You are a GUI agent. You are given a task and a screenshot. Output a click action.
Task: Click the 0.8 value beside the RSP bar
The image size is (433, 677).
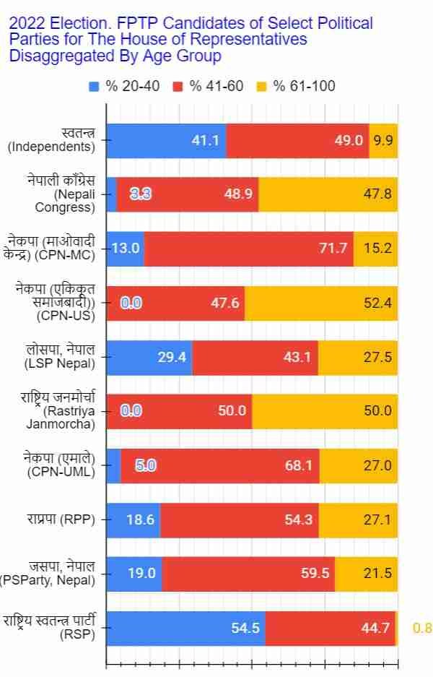(x=421, y=628)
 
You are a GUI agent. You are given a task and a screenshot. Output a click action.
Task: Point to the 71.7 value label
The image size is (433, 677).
(x=333, y=249)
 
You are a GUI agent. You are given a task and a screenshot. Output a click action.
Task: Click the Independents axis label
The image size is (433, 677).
(x=52, y=140)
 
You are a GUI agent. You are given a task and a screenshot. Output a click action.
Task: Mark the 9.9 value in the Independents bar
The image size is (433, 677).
(x=383, y=140)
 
